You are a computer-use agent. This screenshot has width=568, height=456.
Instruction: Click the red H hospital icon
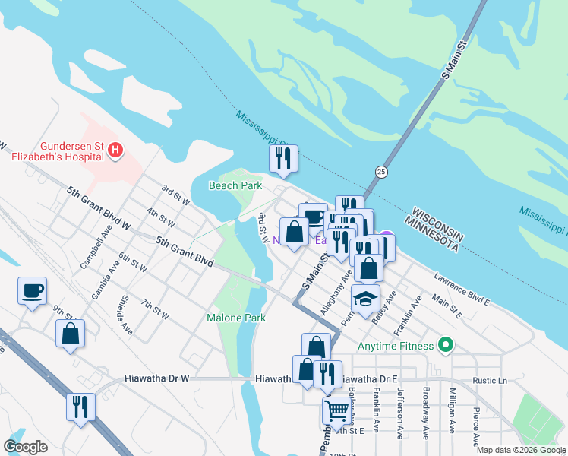coord(115,150)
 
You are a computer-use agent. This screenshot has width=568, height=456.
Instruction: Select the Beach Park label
coord(235,185)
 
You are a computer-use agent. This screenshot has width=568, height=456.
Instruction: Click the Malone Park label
coord(236,318)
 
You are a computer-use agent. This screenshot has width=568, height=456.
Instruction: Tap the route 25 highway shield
coord(382,172)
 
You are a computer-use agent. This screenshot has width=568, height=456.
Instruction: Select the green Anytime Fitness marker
coord(446,347)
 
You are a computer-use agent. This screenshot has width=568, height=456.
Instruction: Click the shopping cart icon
coord(337,410)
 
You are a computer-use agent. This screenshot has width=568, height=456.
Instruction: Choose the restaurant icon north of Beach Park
coord(282,158)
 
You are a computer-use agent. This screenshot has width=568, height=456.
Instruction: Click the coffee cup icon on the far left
coord(32,290)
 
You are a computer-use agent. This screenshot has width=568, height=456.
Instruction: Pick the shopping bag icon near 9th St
coord(70,333)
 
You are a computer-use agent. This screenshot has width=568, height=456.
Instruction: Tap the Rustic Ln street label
coord(489,381)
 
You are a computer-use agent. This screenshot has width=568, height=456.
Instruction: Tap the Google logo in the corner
coord(25,447)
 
